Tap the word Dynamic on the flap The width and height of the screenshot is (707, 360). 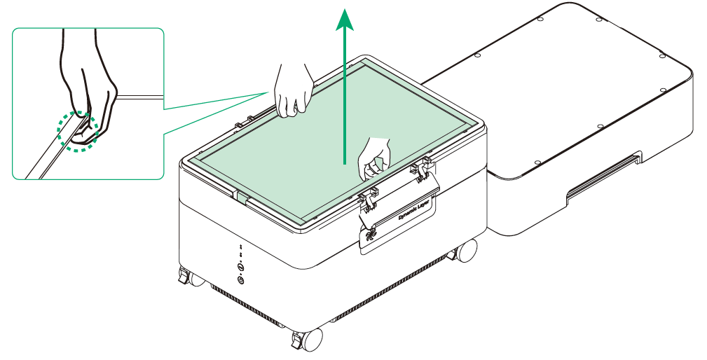coord(408,214)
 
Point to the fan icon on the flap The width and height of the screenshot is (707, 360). coord(370,235)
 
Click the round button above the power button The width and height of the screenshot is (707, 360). coord(241,267)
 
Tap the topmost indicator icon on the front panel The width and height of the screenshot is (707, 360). coord(241,247)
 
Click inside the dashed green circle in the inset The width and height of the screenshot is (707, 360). coord(78,131)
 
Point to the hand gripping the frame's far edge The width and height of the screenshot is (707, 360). coord(293,90)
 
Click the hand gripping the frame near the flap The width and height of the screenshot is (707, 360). coord(374,158)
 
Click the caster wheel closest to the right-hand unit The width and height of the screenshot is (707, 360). coord(465,251)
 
